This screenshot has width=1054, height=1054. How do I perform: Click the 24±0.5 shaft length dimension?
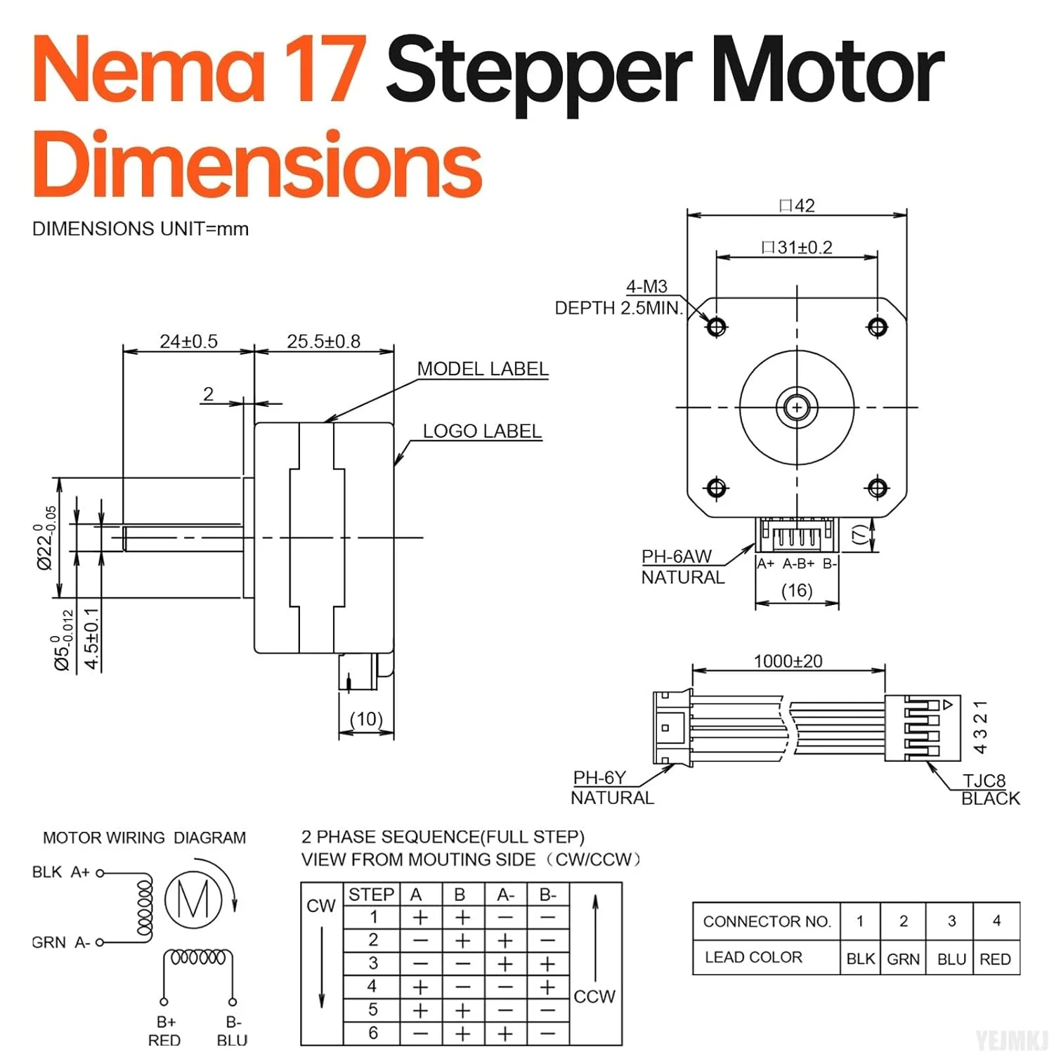click(x=188, y=341)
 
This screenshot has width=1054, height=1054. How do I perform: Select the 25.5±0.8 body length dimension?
click(x=323, y=341)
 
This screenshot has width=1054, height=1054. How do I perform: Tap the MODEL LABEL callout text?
click(x=483, y=369)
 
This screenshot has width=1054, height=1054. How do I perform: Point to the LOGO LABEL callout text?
click(x=482, y=431)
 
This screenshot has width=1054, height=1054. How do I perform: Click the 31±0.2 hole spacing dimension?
click(x=797, y=247)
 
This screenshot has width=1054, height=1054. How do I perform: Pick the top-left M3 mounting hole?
click(x=717, y=327)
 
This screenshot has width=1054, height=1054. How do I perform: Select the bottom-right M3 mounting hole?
click(x=878, y=487)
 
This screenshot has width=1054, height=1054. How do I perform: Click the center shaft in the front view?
click(x=797, y=407)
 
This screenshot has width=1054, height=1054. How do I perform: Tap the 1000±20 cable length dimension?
click(x=788, y=661)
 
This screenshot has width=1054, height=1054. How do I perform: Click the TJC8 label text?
click(x=984, y=781)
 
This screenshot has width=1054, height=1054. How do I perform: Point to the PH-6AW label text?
click(x=676, y=557)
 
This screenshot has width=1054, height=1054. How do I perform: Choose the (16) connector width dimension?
click(x=797, y=590)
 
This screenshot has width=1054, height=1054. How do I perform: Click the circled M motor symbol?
click(x=193, y=899)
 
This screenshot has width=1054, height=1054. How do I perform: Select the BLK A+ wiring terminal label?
click(x=61, y=872)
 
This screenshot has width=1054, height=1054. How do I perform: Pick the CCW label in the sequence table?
click(x=594, y=996)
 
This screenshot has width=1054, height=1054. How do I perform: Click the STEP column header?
click(x=371, y=894)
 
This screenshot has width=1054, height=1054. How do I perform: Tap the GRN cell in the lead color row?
click(x=903, y=959)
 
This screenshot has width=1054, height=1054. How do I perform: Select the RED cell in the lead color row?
click(x=995, y=959)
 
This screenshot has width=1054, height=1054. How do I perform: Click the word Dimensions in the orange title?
click(x=257, y=165)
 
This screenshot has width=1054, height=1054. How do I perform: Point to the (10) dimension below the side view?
click(x=366, y=719)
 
